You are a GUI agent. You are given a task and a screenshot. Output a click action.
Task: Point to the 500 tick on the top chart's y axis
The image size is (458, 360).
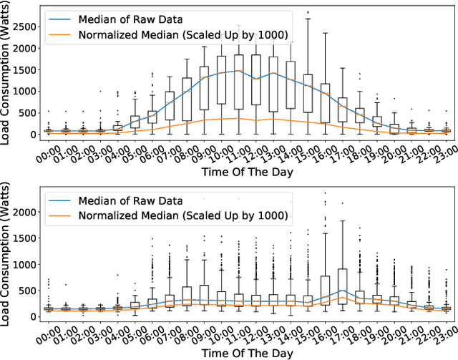pos(29,113)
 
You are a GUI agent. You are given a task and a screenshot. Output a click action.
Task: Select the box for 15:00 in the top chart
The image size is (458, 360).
pos(308,93)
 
